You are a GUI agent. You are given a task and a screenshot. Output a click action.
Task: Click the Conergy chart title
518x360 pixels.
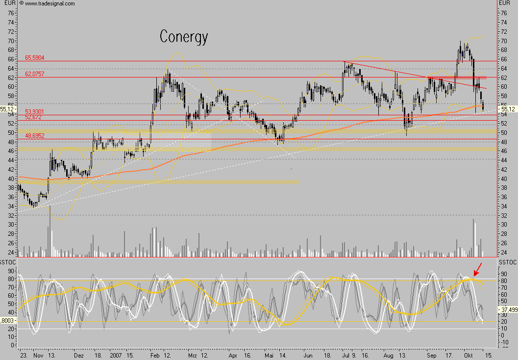coord(184,37)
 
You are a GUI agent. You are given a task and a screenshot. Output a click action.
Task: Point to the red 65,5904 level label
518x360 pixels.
coord(35,58)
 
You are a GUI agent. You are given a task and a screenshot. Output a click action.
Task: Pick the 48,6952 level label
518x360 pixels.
coord(35,135)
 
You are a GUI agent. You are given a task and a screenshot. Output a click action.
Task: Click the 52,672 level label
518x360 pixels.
coord(33,118)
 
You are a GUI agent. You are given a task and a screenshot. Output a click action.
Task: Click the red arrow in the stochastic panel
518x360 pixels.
coord(477,269)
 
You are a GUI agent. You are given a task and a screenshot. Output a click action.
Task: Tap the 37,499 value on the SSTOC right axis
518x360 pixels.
coord(507,309)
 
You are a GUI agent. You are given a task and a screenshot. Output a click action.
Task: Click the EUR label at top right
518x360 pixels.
coord(504,3)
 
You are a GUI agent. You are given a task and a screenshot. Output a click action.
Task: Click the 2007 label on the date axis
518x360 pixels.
coord(116,354)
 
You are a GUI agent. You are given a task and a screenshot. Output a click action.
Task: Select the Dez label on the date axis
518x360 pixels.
coord(80,354)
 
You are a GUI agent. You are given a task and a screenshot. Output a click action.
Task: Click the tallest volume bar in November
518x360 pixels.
coord(49,231)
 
